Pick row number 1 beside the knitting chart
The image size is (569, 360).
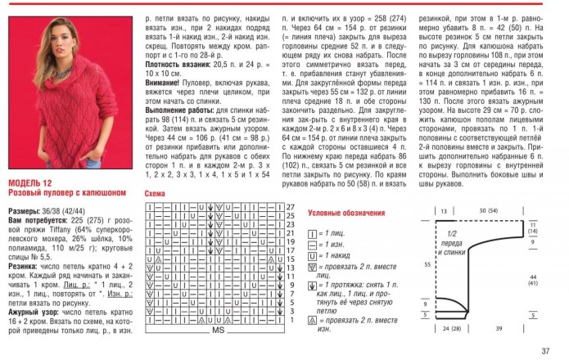(288, 323)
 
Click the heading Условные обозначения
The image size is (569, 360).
(346, 213)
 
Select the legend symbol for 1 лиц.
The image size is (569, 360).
(312, 232)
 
